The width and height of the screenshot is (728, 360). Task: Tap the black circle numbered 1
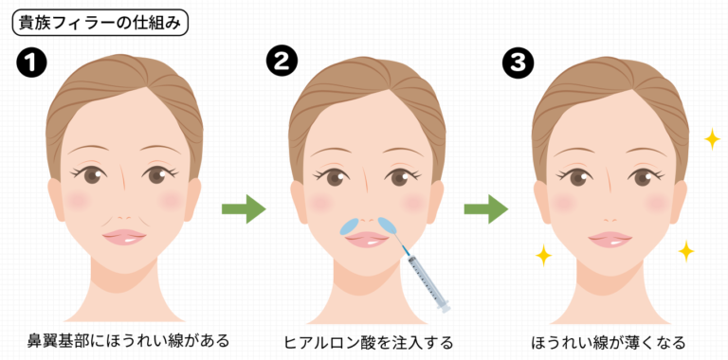[33, 64]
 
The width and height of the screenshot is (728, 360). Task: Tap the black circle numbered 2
[282, 64]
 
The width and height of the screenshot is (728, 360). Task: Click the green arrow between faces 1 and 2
[243, 209]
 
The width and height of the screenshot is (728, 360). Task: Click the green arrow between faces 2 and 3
[485, 209]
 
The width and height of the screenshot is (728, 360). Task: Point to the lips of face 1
[124, 237]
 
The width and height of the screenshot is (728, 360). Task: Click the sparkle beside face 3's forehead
[711, 140]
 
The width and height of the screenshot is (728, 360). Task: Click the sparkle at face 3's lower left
[543, 255]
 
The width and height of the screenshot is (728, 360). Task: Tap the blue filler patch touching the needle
[388, 225]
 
